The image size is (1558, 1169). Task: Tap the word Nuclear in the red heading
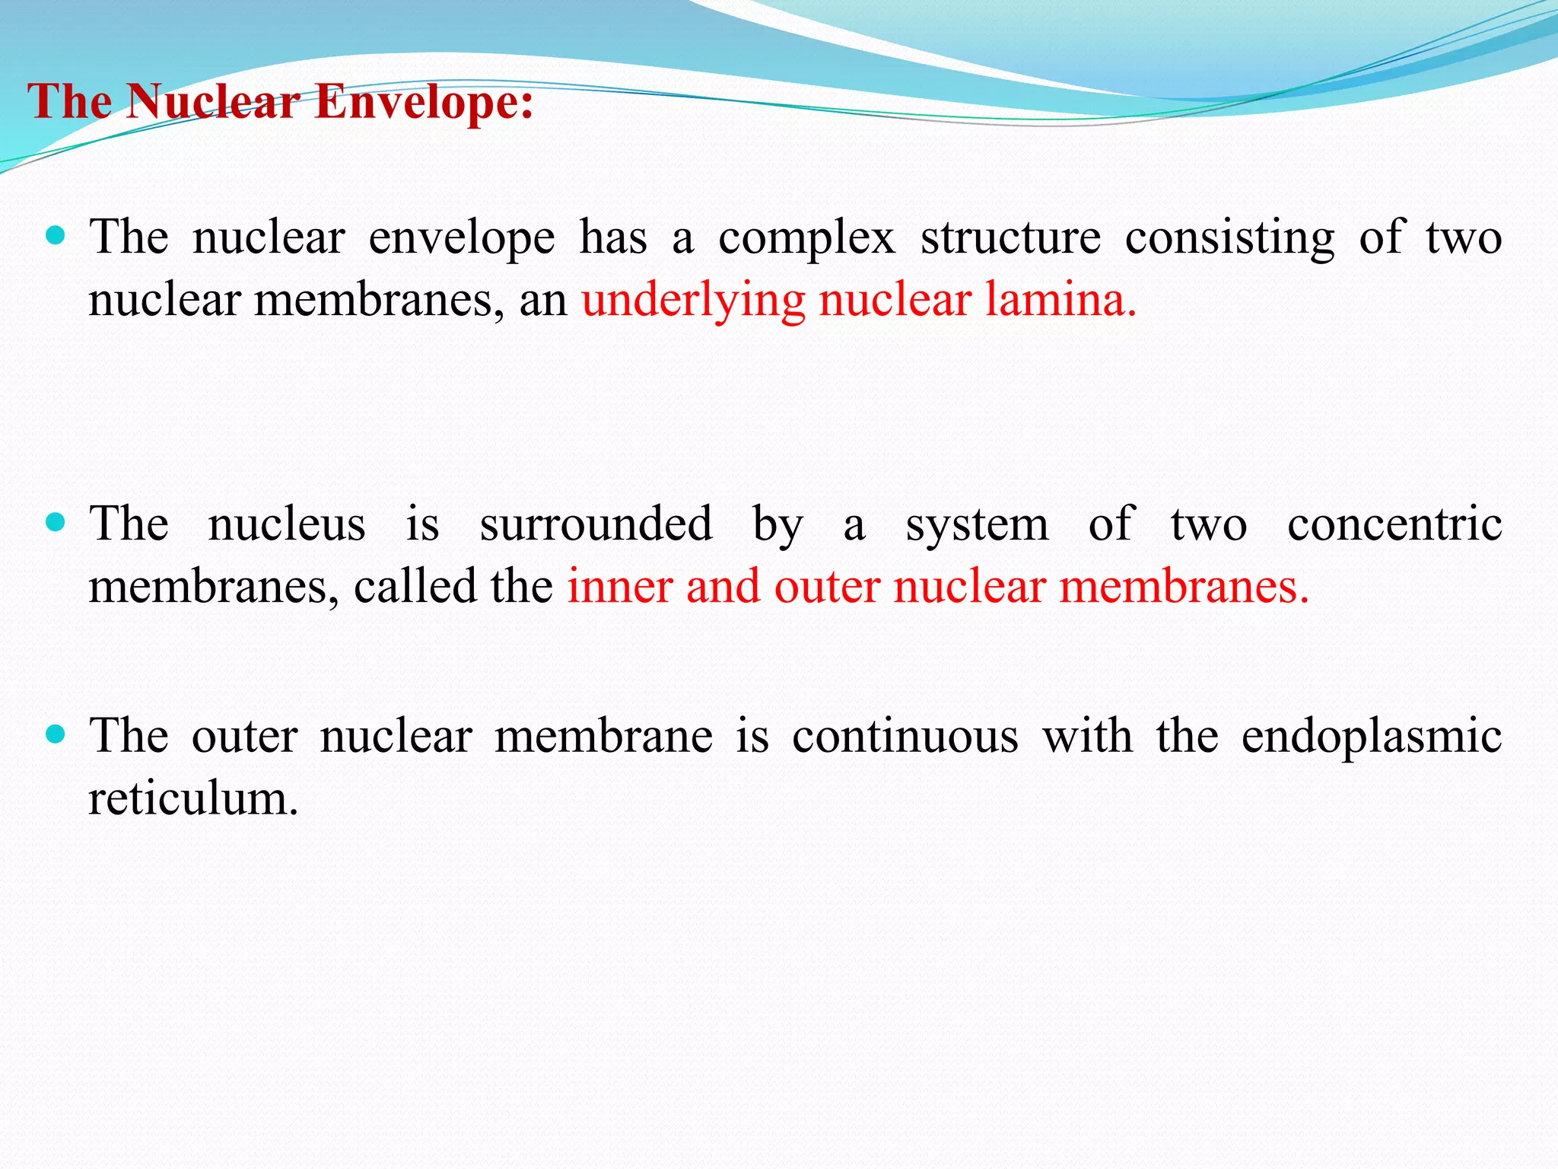pos(212,101)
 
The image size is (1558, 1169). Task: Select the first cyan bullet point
pos(56,235)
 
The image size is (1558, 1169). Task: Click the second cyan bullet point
pos(56,523)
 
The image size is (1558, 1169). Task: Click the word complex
pos(806,239)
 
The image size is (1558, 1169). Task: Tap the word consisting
pos(1229,239)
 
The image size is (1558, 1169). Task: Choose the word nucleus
pos(287,525)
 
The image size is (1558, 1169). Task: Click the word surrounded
pos(596,525)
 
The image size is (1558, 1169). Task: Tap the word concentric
pos(1394,525)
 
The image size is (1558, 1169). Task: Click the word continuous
pos(905,737)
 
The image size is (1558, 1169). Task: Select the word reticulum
pos(193,799)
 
